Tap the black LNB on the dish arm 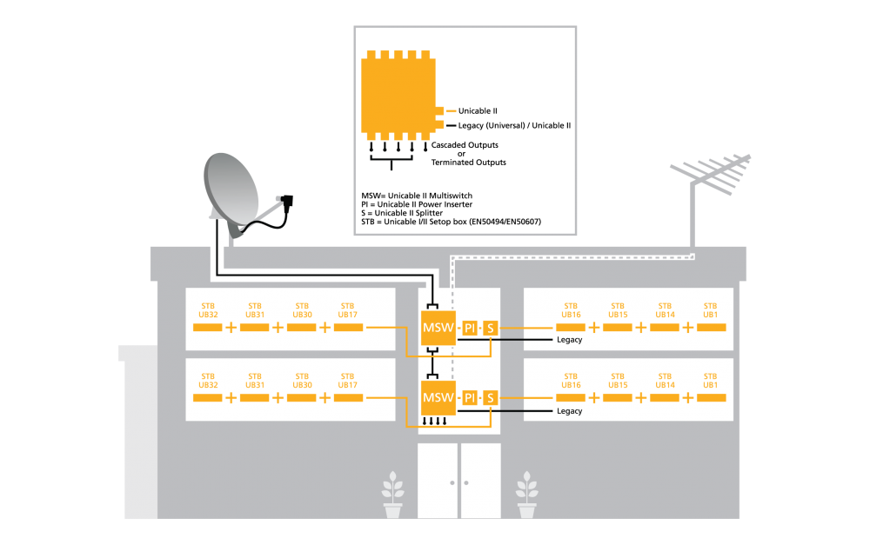click(x=287, y=202)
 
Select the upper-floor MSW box click(x=438, y=328)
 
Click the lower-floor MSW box click(x=438, y=397)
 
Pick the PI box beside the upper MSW click(x=470, y=328)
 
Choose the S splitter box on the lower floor click(x=490, y=397)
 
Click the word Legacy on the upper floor click(x=569, y=340)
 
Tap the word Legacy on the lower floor click(x=569, y=411)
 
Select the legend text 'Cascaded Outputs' click(x=465, y=144)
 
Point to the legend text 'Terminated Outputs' click(x=468, y=163)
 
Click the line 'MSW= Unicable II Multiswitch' click(x=417, y=196)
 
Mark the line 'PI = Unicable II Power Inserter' click(x=417, y=204)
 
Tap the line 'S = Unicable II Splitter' click(x=402, y=213)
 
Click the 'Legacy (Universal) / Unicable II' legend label click(x=514, y=126)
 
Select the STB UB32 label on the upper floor click(x=208, y=310)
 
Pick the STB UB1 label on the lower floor click(x=710, y=381)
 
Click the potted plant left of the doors click(x=393, y=495)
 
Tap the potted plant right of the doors click(x=526, y=495)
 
